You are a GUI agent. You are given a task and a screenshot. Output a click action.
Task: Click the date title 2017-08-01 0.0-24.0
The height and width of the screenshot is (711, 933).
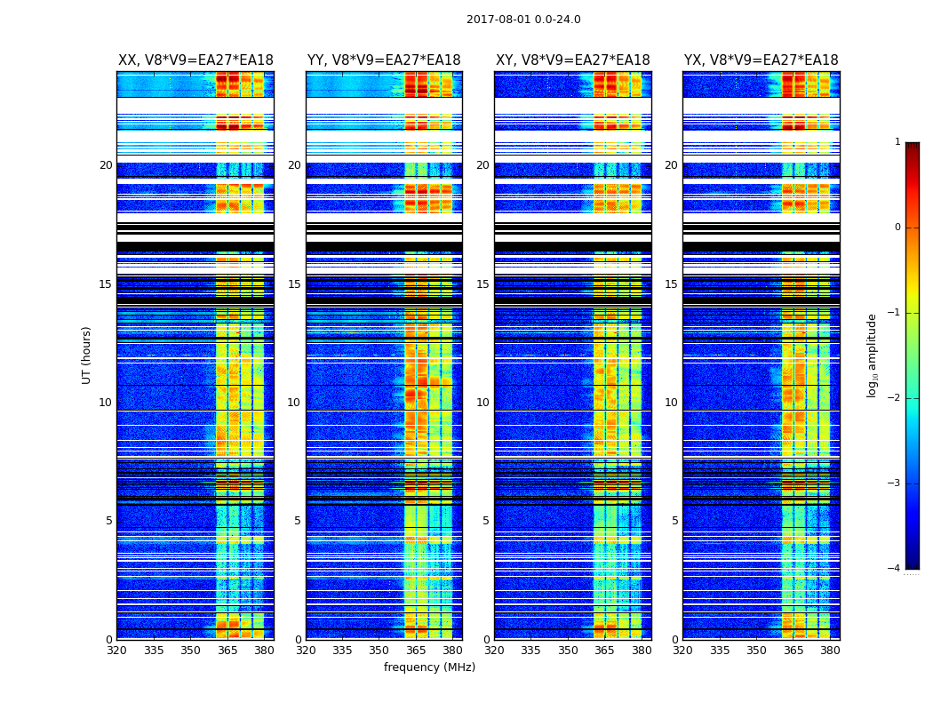pos(523,20)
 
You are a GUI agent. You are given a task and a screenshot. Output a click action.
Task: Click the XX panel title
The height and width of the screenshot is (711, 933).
pos(195,60)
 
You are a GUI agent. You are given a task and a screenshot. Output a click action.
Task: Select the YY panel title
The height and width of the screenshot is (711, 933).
pos(384,60)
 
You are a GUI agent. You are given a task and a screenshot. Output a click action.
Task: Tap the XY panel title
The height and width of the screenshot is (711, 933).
pos(573,60)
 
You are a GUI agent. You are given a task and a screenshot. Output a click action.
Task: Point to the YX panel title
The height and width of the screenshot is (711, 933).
pos(761,60)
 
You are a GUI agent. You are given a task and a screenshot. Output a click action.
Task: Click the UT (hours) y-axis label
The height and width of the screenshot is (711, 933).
pos(87,355)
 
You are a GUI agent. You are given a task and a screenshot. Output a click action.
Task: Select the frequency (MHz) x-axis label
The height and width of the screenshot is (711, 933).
pos(429,667)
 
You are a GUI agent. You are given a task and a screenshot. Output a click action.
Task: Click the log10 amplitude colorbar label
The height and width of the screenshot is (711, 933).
pos(873,355)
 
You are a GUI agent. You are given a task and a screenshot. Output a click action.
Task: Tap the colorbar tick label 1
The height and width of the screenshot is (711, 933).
pos(897,142)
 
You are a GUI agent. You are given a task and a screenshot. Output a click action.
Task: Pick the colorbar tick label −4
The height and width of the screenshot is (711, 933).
pos(895,569)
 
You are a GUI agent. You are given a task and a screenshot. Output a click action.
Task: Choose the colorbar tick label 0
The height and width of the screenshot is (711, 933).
pos(897,228)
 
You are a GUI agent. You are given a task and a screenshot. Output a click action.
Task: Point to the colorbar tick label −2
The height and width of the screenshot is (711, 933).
pos(895,398)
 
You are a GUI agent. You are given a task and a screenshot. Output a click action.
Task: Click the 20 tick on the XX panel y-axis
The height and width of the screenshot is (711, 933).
pos(106,165)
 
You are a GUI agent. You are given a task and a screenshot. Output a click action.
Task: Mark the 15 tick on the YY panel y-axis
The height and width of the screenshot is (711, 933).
pos(294,284)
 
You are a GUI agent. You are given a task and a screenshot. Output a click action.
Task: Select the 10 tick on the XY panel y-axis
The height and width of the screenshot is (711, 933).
pos(482,403)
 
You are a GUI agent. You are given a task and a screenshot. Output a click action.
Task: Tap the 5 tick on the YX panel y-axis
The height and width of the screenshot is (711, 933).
pos(674,521)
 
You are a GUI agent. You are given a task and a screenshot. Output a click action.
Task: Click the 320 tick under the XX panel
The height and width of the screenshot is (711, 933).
pos(117,651)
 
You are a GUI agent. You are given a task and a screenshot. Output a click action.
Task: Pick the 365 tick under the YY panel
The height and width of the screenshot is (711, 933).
pos(416,651)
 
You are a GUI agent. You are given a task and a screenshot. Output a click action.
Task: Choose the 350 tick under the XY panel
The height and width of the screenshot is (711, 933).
pos(568,651)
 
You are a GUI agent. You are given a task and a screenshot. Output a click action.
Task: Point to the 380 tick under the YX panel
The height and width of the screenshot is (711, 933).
pos(830,651)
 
